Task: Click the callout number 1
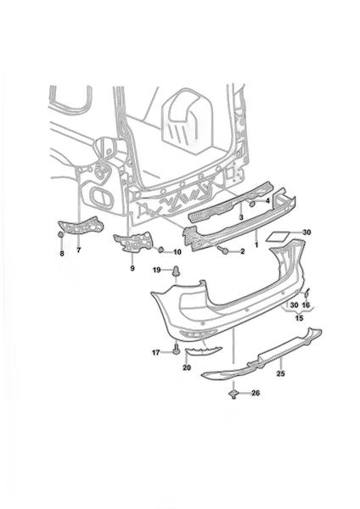pyautogui.click(x=256, y=244)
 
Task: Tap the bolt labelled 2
pyautogui.click(x=223, y=249)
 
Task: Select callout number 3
pyautogui.click(x=241, y=217)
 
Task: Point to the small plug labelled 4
pyautogui.click(x=251, y=204)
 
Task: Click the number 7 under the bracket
pyautogui.click(x=79, y=250)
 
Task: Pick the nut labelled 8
pyautogui.click(x=60, y=234)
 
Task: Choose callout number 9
pyautogui.click(x=132, y=268)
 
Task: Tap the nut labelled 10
pyautogui.click(x=160, y=249)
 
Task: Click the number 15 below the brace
pyautogui.click(x=299, y=318)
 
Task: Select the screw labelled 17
pyautogui.click(x=176, y=350)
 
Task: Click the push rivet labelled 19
pyautogui.click(x=176, y=271)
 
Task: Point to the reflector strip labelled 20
pyautogui.click(x=203, y=350)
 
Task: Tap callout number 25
pyautogui.click(x=281, y=373)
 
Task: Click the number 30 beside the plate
pyautogui.click(x=307, y=232)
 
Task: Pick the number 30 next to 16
pyautogui.click(x=294, y=305)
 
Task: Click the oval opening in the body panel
pyautogui.click(x=101, y=195)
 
